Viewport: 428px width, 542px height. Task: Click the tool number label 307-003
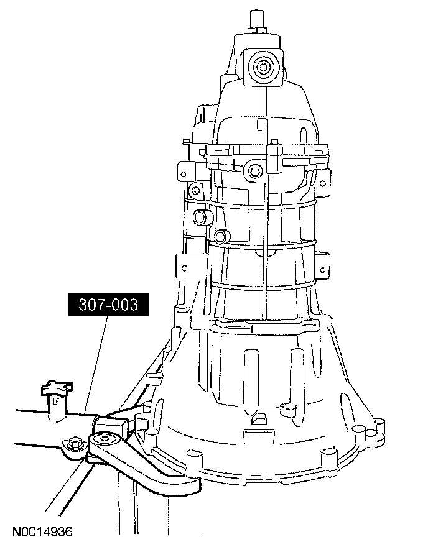(108, 305)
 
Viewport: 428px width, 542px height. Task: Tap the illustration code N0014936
(42, 531)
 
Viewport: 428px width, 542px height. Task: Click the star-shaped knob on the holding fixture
(57, 388)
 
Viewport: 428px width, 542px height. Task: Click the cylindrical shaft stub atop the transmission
(258, 21)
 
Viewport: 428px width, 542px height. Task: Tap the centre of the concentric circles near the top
(261, 67)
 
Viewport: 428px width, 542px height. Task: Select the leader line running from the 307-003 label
(96, 365)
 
